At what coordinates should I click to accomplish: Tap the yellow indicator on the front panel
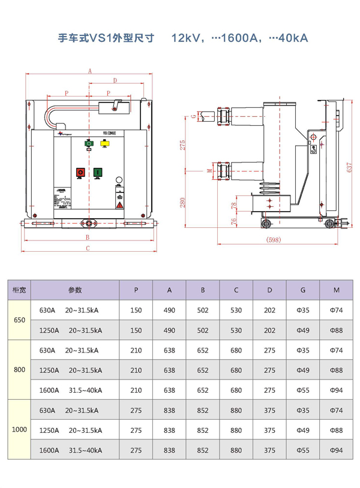click(104, 143)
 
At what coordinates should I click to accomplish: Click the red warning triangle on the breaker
click(120, 205)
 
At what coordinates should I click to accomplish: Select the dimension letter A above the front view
click(89, 71)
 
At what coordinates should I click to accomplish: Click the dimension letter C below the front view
click(88, 248)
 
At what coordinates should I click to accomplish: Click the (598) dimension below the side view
click(274, 240)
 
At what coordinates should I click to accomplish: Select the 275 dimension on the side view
click(183, 144)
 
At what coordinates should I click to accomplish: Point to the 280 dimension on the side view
click(183, 202)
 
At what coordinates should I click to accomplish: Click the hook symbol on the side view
click(313, 150)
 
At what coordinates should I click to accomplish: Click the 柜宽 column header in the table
click(19, 290)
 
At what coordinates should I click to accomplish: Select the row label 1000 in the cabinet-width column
click(19, 430)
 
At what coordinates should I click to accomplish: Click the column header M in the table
click(337, 290)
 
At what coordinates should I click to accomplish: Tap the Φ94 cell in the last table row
click(337, 450)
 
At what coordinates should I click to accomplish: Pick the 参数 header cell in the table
click(74, 290)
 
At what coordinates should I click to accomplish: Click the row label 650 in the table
click(19, 320)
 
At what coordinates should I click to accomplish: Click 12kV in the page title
click(186, 39)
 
